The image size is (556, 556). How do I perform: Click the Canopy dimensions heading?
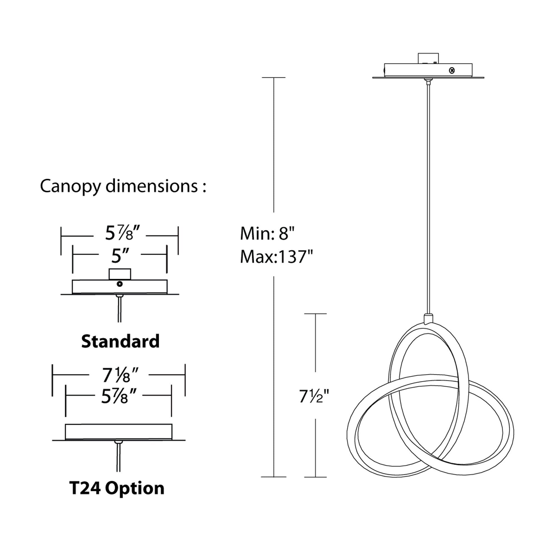(x=123, y=186)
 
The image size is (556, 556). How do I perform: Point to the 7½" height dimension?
(x=314, y=397)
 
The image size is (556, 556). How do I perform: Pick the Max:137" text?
(x=276, y=256)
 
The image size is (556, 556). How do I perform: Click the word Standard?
(x=120, y=342)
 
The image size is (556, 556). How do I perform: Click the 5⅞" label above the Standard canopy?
(x=122, y=233)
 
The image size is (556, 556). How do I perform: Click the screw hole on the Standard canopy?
(x=120, y=284)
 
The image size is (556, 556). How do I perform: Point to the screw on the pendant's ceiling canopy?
(x=452, y=70)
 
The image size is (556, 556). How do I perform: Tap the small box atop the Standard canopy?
(x=120, y=274)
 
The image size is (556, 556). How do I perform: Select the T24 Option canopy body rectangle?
(x=119, y=432)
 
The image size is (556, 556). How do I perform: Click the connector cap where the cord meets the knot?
(x=428, y=319)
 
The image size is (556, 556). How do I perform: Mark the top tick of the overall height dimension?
(x=274, y=78)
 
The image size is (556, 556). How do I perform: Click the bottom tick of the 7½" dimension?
(x=316, y=477)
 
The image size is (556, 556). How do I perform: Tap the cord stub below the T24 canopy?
(x=118, y=458)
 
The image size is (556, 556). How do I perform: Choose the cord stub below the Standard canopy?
(x=120, y=309)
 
